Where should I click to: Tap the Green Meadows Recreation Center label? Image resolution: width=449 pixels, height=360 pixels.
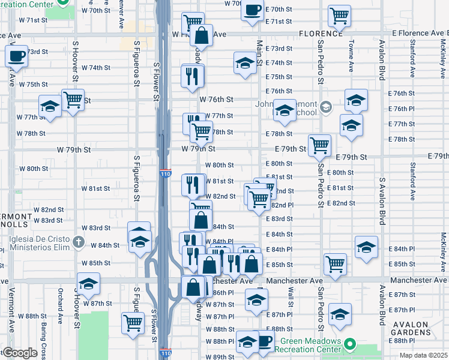[x=307, y=346]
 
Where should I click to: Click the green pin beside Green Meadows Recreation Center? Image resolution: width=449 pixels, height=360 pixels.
[x=352, y=346]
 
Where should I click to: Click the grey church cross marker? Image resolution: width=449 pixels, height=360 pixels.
[x=77, y=242]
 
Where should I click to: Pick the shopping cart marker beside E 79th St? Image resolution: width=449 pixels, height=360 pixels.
[x=319, y=145]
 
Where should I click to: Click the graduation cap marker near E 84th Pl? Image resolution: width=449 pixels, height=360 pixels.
[x=366, y=247]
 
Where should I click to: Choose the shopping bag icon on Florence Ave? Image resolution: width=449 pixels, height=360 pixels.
[x=202, y=35]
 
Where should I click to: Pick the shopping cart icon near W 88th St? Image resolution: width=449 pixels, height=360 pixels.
[x=133, y=322]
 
